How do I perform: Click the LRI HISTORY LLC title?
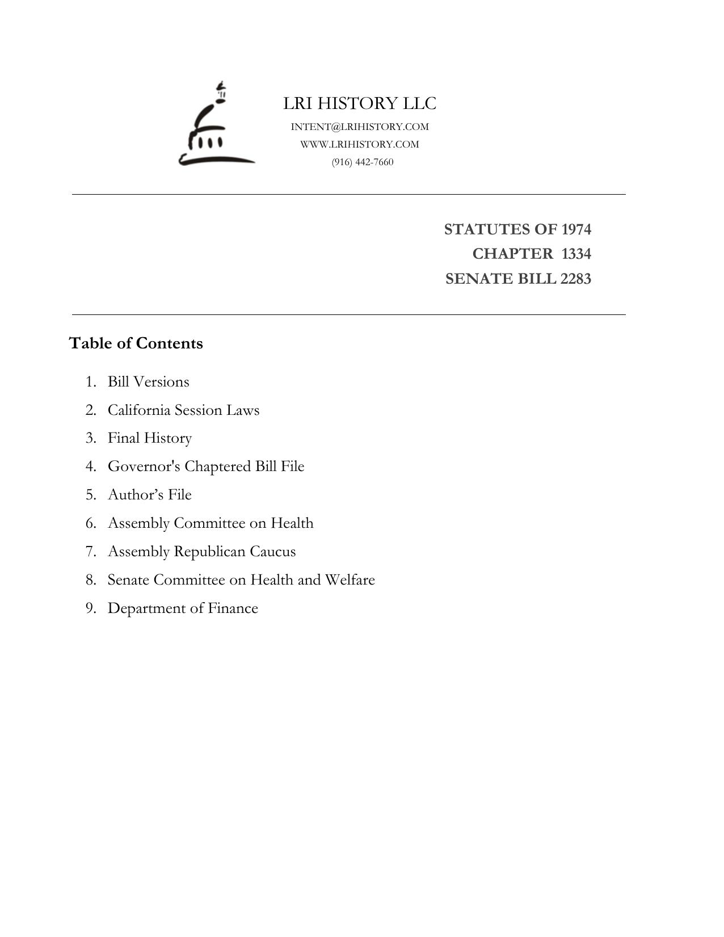(x=360, y=103)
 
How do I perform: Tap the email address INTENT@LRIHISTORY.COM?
(x=360, y=127)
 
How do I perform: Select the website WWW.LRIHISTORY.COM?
(x=360, y=144)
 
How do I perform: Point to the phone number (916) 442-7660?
(x=363, y=162)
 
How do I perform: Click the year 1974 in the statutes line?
(x=576, y=229)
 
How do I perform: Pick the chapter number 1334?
(x=576, y=254)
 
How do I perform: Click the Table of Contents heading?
(x=136, y=343)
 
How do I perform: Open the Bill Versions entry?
(x=148, y=381)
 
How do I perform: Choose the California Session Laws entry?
(x=183, y=410)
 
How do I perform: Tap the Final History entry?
(x=150, y=438)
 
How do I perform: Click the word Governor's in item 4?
(x=144, y=467)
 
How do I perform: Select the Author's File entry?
(x=150, y=495)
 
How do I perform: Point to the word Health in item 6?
(x=292, y=523)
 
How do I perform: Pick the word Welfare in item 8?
(x=350, y=580)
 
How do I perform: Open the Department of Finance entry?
(x=183, y=608)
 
